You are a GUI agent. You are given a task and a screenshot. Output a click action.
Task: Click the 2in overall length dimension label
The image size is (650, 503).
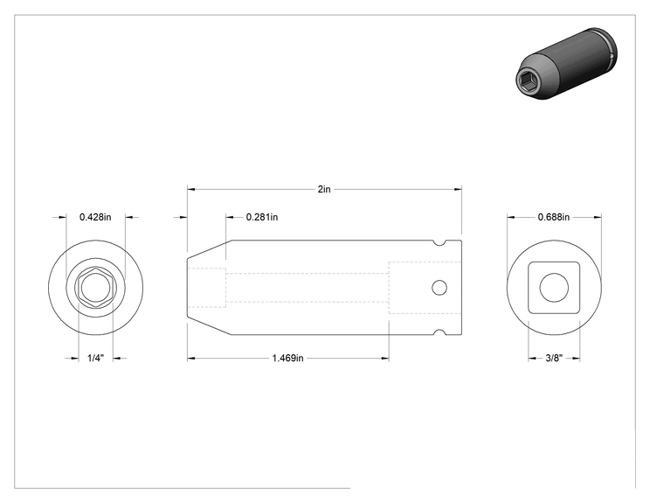tap(324, 189)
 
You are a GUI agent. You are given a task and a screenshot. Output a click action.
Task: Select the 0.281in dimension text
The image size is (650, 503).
tap(262, 217)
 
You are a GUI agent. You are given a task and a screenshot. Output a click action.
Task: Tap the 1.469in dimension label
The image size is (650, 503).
tap(287, 358)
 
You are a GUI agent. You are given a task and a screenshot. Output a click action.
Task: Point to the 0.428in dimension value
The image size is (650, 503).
tap(95, 217)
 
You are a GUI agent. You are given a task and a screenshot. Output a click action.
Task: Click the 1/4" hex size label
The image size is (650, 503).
tap(95, 358)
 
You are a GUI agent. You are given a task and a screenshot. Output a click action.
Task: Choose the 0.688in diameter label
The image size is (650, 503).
tap(554, 217)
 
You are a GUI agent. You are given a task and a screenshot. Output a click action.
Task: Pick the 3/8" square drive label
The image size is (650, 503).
tap(554, 358)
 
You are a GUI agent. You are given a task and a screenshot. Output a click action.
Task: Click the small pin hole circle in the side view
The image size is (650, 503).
tap(439, 288)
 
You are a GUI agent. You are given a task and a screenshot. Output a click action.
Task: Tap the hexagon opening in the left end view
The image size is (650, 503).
tap(96, 287)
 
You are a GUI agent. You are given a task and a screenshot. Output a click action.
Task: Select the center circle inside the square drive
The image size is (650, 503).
tap(554, 288)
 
